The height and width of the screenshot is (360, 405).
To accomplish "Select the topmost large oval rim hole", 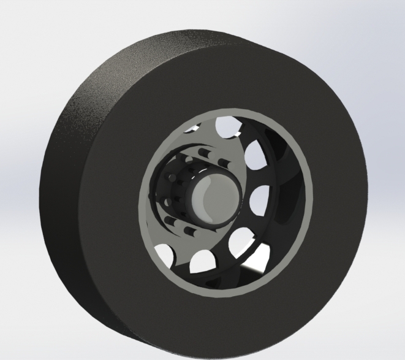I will coord(227,125).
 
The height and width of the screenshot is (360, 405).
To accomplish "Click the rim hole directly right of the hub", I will coord(260,200).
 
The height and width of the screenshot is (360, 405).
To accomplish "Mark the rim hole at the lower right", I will coord(241,242).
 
